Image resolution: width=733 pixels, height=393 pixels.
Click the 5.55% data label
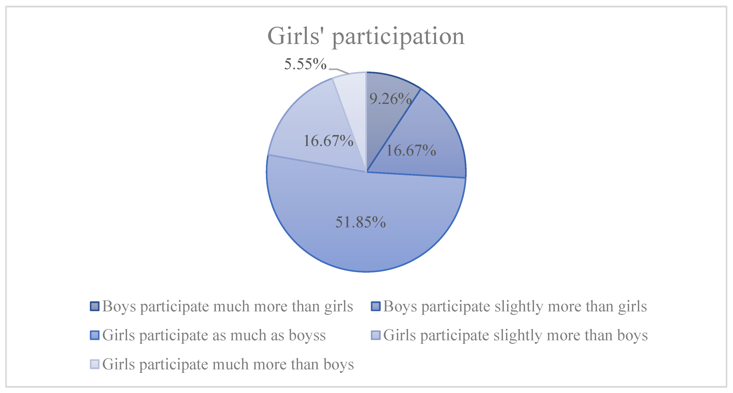pyautogui.click(x=305, y=64)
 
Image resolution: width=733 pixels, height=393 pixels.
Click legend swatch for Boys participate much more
pyautogui.click(x=95, y=306)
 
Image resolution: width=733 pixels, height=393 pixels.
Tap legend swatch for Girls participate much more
pyautogui.click(x=95, y=364)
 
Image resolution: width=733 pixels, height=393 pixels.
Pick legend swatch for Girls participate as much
pyautogui.click(x=95, y=335)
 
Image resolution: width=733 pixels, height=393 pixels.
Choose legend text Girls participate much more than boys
pyautogui.click(x=228, y=365)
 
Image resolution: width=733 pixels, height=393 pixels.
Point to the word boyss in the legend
pyautogui.click(x=307, y=335)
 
